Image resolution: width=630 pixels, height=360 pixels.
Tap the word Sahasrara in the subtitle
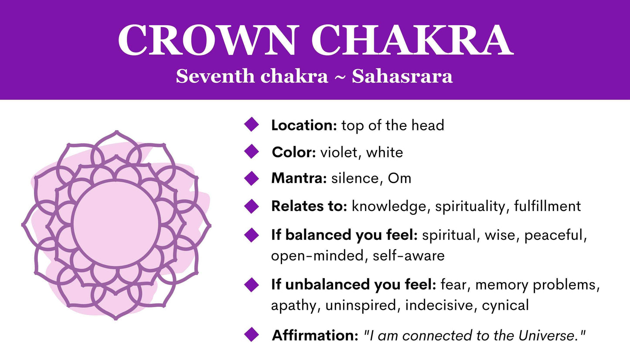point(402,77)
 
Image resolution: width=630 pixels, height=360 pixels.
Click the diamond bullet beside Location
point(252,124)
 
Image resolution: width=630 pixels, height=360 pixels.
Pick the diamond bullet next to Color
point(252,151)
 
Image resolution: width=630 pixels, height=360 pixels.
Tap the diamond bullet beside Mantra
point(252,178)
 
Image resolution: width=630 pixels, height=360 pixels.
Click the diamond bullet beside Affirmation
point(252,335)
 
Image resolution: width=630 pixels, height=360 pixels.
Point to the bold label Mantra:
point(299,178)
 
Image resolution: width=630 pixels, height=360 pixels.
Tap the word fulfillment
point(547,206)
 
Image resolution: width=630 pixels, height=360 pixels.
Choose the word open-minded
point(317,255)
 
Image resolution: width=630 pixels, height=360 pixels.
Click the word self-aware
point(409,255)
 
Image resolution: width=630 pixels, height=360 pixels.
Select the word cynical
point(505,306)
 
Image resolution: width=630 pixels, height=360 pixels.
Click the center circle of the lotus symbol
point(116,223)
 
